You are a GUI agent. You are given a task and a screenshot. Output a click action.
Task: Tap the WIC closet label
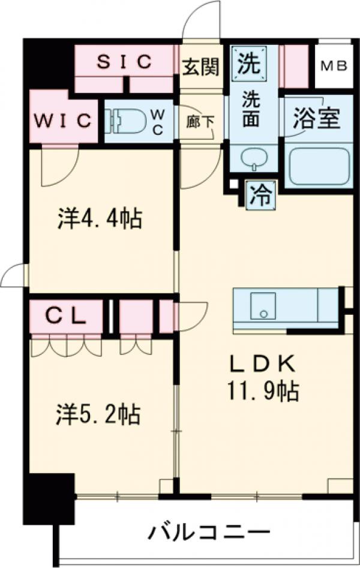click(x=62, y=119)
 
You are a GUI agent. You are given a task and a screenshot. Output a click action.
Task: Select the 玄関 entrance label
click(x=200, y=66)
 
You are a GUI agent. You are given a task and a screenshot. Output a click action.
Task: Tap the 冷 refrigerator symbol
click(x=260, y=195)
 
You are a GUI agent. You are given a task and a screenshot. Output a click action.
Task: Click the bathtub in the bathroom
click(x=319, y=165)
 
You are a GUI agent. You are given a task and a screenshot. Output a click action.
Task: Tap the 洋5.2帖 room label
click(x=98, y=414)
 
